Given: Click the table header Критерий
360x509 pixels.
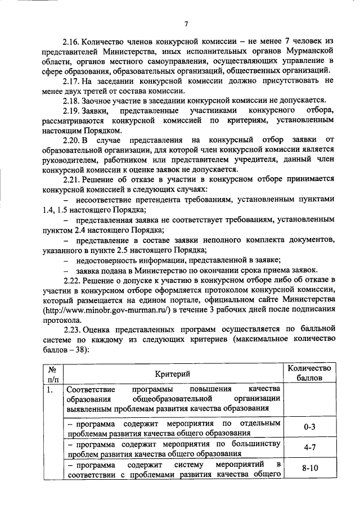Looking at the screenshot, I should click(x=173, y=373).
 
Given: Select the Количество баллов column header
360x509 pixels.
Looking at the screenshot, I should click(x=309, y=373).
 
